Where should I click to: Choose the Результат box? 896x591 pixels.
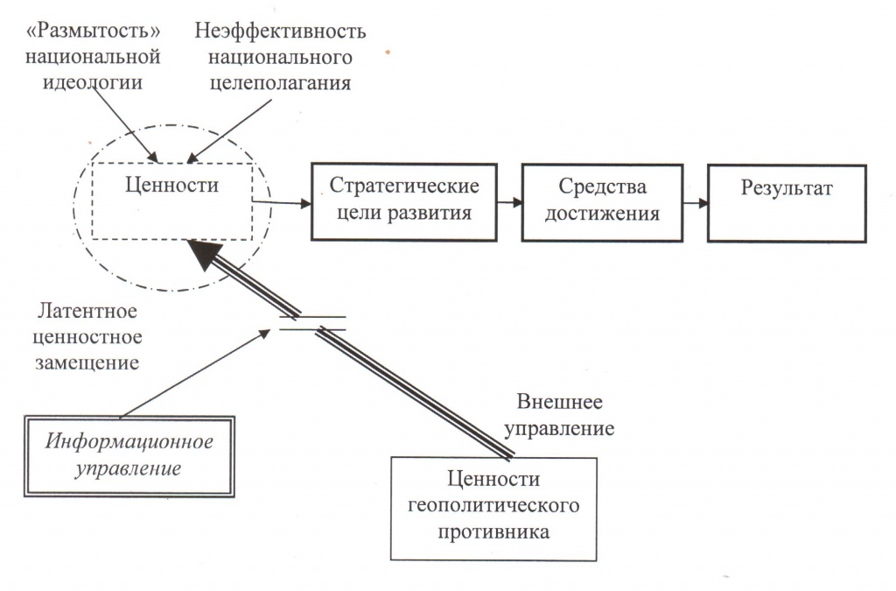tap(787, 201)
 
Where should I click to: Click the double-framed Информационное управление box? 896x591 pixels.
tap(128, 455)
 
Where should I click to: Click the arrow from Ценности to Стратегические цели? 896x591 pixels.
tap(282, 203)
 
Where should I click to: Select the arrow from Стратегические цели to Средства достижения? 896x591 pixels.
tap(509, 202)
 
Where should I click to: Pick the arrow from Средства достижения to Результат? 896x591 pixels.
tap(695, 202)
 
